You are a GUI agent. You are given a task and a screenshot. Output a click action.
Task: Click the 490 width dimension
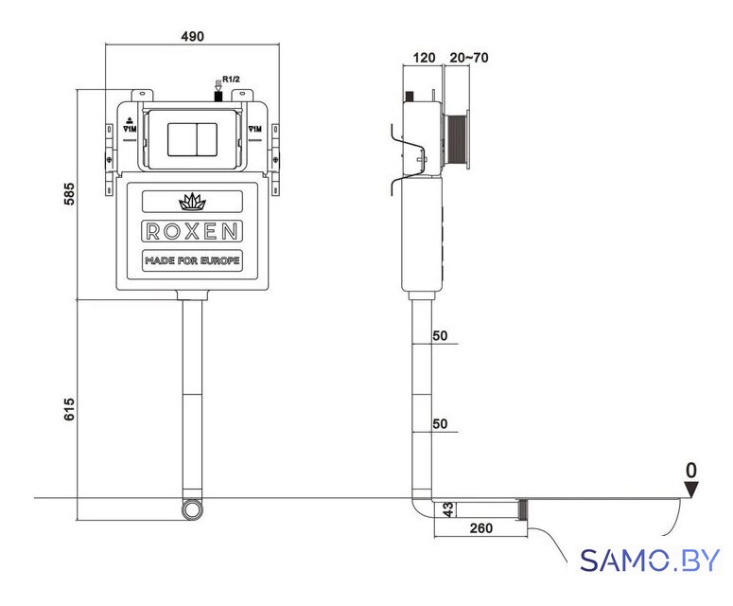(192, 37)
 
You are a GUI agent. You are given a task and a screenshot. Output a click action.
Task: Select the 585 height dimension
(69, 194)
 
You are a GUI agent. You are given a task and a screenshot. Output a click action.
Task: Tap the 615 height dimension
(69, 409)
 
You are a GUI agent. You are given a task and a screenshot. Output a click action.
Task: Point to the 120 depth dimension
(424, 58)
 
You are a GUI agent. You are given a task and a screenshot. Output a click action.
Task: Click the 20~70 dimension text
(469, 58)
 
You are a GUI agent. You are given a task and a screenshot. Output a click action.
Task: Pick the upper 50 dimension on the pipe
(440, 335)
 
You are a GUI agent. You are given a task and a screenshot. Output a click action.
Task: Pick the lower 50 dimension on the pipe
(440, 423)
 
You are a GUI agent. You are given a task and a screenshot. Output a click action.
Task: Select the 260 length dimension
(481, 527)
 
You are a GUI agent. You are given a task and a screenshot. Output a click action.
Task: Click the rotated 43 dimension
(448, 509)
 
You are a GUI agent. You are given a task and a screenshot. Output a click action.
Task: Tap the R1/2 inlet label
(231, 80)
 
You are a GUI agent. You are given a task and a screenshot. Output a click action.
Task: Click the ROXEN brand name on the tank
(192, 231)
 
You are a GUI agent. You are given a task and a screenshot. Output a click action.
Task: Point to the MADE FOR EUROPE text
(192, 260)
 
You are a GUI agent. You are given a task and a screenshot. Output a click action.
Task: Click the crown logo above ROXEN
(192, 202)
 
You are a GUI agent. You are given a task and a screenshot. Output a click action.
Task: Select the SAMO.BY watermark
(650, 560)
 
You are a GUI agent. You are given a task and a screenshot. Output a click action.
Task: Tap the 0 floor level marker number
(691, 471)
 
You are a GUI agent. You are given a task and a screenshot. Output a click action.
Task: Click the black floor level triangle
(691, 490)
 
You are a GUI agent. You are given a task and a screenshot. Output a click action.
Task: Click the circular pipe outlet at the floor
(192, 509)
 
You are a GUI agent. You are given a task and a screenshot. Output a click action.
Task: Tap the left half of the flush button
(183, 139)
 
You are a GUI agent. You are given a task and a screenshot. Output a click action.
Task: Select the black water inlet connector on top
(218, 97)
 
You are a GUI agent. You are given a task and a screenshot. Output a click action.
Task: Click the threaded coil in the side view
(455, 138)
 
